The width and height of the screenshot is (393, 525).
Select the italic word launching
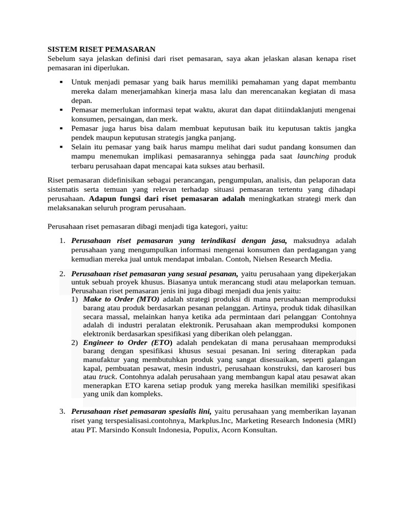[x=313, y=156]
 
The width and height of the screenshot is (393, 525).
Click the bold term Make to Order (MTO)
[x=121, y=299]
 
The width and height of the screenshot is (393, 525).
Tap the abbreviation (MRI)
[x=344, y=421]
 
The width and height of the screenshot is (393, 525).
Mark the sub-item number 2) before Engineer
[x=75, y=342]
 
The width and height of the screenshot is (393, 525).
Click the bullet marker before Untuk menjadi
[x=61, y=82]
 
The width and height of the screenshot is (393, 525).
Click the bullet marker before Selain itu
[x=61, y=147]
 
